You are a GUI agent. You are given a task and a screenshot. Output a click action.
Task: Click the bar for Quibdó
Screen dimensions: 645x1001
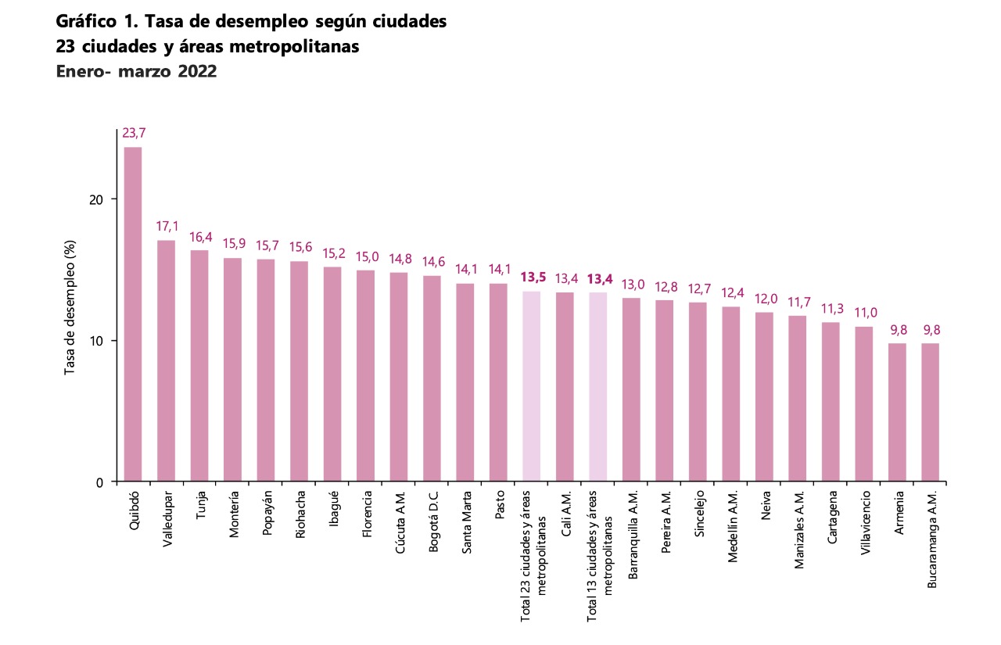pyautogui.click(x=133, y=313)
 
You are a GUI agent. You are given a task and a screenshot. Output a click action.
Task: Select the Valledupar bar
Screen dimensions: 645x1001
pyautogui.click(x=167, y=360)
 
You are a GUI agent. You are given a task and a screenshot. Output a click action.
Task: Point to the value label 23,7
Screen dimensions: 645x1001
pyautogui.click(x=133, y=134)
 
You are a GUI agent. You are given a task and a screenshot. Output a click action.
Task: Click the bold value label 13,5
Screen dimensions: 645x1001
pyautogui.click(x=532, y=278)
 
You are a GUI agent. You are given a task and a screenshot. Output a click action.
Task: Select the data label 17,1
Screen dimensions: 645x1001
pyautogui.click(x=167, y=227)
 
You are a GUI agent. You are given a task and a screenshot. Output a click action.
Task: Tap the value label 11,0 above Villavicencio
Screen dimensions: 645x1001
pyautogui.click(x=863, y=313)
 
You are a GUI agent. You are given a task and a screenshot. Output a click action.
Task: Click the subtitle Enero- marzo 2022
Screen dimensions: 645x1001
pyautogui.click(x=136, y=72)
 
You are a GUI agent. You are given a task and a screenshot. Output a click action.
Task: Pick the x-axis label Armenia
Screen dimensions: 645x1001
pyautogui.click(x=897, y=513)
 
